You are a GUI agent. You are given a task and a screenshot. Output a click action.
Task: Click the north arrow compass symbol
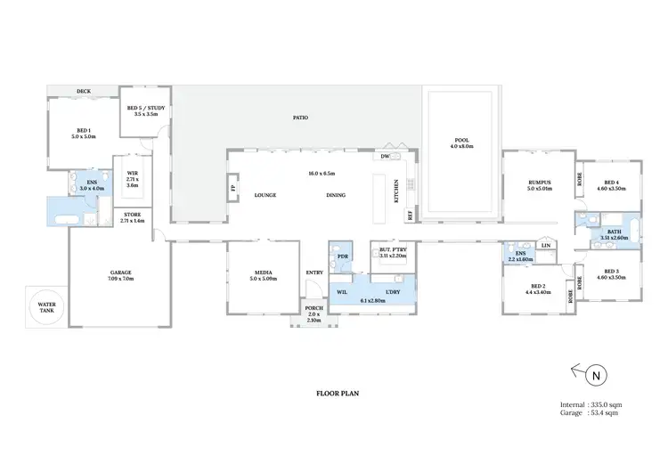(596, 376)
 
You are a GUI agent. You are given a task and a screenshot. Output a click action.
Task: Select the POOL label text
(461, 141)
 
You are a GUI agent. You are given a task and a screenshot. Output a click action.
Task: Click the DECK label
(84, 91)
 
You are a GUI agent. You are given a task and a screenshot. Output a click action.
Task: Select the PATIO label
(301, 118)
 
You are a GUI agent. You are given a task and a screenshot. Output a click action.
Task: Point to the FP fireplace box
(234, 189)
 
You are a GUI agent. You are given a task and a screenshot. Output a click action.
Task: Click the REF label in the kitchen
(411, 215)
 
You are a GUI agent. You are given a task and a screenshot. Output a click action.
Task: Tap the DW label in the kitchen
(385, 157)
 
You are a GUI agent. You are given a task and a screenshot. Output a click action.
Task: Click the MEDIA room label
(264, 273)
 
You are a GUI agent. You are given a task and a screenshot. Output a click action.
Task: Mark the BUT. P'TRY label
(393, 250)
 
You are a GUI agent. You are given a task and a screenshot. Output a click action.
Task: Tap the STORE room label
(132, 214)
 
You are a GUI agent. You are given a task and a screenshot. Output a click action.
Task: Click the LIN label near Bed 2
(546, 245)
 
